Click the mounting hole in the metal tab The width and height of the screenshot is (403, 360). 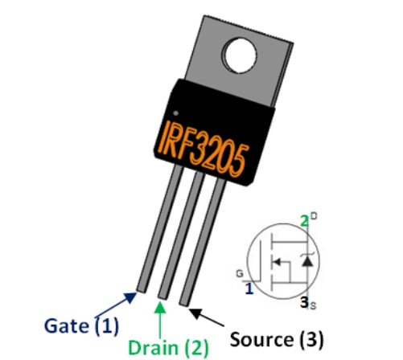pyautogui.click(x=241, y=55)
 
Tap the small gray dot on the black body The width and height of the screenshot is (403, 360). pyautogui.click(x=175, y=113)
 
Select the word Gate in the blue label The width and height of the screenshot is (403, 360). pyautogui.click(x=66, y=325)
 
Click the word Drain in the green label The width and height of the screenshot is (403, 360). pyautogui.click(x=153, y=347)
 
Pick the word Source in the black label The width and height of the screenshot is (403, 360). pyautogui.click(x=261, y=339)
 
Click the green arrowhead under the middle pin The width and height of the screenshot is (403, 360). pyautogui.click(x=160, y=307)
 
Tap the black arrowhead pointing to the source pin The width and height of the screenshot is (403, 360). pyautogui.click(x=195, y=313)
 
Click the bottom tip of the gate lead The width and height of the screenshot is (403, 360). pyautogui.click(x=142, y=290)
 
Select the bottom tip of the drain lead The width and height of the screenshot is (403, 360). pyautogui.click(x=162, y=297)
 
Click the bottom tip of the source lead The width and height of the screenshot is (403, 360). pyautogui.click(x=184, y=303)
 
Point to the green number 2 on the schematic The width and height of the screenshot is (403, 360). pyautogui.click(x=305, y=222)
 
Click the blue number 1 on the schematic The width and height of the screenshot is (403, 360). pyautogui.click(x=249, y=288)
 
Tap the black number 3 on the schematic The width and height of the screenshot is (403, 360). pyautogui.click(x=304, y=302)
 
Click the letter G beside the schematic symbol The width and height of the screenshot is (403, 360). pyautogui.click(x=240, y=273)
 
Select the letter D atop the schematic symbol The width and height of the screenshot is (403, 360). pyautogui.click(x=314, y=216)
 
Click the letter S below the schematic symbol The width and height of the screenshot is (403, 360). pyautogui.click(x=313, y=305)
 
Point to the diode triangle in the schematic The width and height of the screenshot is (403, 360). pyautogui.click(x=307, y=261)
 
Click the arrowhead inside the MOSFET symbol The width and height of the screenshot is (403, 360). pyautogui.click(x=277, y=262)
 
